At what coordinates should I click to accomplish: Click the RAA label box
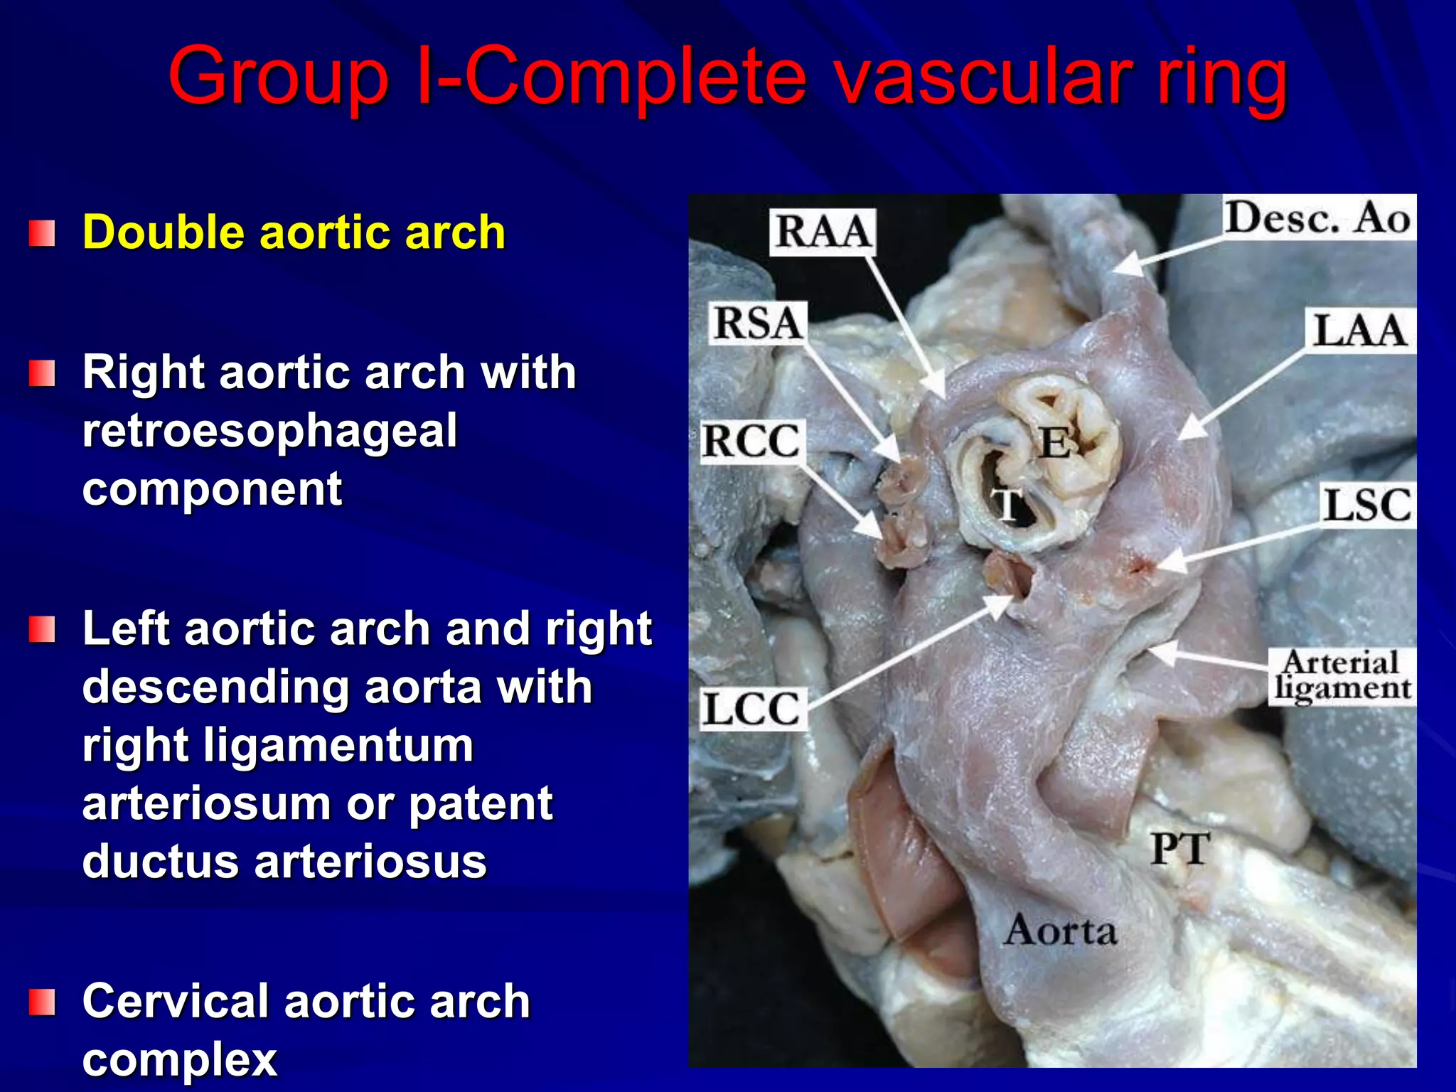[x=823, y=232]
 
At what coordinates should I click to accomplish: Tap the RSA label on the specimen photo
[x=758, y=323]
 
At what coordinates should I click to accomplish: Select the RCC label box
[x=751, y=441]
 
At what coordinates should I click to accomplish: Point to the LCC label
[x=753, y=709]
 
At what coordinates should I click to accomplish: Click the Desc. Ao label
[x=1317, y=218]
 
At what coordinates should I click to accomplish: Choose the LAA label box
[x=1359, y=331]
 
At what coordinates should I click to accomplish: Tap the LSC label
[x=1366, y=505]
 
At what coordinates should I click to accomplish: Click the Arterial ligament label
[x=1341, y=675]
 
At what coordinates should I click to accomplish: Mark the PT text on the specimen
[x=1179, y=850]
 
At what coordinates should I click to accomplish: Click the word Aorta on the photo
[x=1061, y=931]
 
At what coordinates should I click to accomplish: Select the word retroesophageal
[x=270, y=432]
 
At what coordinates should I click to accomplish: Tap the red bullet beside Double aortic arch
[x=42, y=233]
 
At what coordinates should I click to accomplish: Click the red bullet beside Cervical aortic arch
[x=42, y=1002]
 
